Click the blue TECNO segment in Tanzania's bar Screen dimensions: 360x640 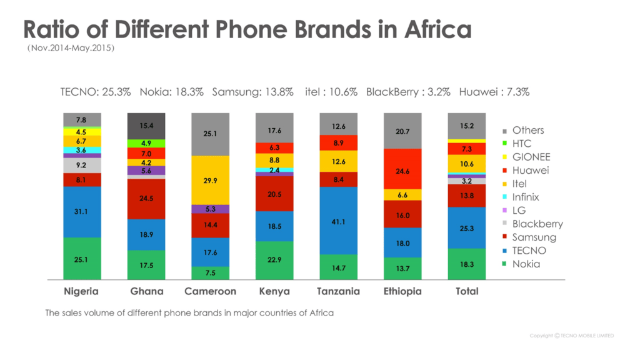click(x=338, y=221)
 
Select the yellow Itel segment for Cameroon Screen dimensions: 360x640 click(x=210, y=180)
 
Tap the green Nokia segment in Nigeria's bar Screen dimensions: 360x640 click(x=82, y=258)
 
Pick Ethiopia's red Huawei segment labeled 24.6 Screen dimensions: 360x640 click(x=402, y=169)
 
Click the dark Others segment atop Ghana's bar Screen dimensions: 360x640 click(x=146, y=126)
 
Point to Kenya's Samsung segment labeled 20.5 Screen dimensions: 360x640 click(x=274, y=194)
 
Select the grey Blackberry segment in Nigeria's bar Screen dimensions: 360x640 click(x=82, y=166)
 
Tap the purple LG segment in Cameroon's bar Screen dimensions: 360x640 click(x=210, y=209)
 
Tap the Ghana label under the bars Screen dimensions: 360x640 click(x=146, y=291)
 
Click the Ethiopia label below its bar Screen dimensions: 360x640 click(x=402, y=291)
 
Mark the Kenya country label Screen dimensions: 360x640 click(x=274, y=291)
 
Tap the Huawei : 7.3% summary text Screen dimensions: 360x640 click(x=494, y=92)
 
